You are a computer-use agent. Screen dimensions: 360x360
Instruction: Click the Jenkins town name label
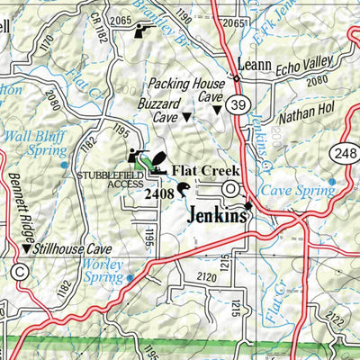click(x=218, y=216)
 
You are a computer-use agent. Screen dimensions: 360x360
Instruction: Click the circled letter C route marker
click(x=20, y=271)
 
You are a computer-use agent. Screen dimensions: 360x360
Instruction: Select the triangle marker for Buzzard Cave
click(x=187, y=117)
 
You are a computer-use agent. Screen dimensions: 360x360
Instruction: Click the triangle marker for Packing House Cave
click(x=216, y=110)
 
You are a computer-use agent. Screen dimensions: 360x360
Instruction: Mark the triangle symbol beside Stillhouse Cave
click(x=25, y=246)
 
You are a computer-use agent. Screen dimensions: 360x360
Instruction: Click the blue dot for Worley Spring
click(x=130, y=278)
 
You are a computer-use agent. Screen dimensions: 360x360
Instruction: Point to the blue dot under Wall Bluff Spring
click(x=63, y=165)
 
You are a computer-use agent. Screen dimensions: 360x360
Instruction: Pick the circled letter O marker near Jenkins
click(x=231, y=189)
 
